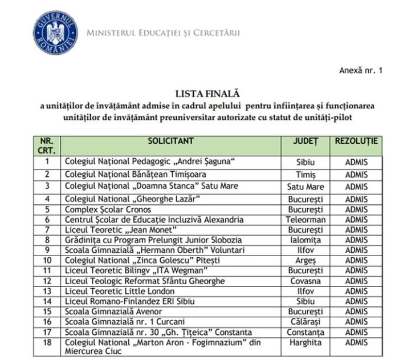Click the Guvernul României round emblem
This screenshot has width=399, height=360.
tap(56, 32)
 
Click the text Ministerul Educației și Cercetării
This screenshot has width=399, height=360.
tap(163, 33)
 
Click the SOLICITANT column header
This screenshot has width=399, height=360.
tap(171, 140)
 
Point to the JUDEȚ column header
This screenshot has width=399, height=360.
tap(306, 140)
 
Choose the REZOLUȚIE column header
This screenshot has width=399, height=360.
tap(356, 140)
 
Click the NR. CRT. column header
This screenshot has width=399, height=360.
tap(46, 145)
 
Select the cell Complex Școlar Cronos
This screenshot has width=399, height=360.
tap(103, 209)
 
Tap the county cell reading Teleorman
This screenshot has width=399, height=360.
tap(306, 220)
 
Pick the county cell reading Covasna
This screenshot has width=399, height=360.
tap(306, 281)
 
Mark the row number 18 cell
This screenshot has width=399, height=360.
tap(46, 342)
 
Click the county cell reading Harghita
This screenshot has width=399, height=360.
tap(306, 342)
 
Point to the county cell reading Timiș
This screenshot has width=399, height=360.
tap(306, 174)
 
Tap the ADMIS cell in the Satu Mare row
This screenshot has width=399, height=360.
tap(356, 187)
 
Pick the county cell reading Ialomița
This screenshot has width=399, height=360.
tap(306, 240)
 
